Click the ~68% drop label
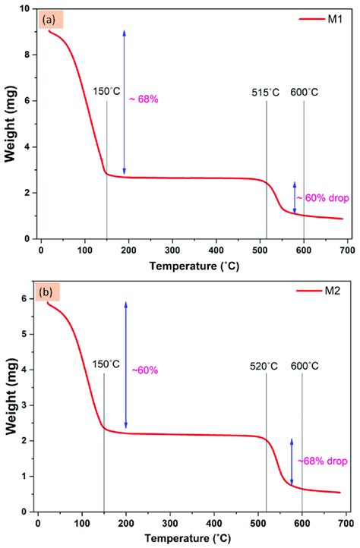[x=323, y=461]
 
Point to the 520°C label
[x=266, y=366]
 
